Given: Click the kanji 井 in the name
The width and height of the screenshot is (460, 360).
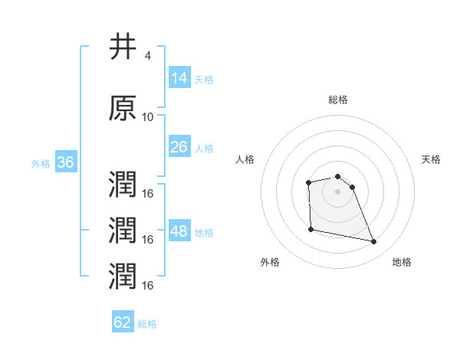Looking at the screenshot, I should pos(123,47).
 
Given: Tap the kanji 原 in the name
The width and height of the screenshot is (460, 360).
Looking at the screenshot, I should pos(123,108).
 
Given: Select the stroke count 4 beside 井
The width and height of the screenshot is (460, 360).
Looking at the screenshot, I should pos(147,56).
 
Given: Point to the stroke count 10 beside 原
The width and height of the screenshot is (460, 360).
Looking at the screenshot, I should pos(148,117).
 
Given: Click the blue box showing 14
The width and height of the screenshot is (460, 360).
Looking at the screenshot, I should pos(179,78).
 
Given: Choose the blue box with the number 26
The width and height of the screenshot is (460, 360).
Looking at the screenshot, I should pos(179,148).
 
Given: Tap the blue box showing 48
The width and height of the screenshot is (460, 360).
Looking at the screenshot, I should pos(179,232).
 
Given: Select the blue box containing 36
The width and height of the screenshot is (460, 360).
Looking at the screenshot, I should pos(65,163).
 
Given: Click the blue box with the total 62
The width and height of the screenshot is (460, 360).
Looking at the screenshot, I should pos(123,322).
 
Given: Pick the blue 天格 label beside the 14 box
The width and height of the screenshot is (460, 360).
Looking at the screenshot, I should pos(204,79).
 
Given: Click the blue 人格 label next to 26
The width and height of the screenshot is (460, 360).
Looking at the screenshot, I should pos(204,149).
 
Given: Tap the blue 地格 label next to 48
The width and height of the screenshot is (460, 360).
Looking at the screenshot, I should pos(204,233).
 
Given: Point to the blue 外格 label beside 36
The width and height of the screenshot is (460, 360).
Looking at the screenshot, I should pos(41,164).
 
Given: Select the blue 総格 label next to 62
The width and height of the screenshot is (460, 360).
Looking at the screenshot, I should pos(147,324).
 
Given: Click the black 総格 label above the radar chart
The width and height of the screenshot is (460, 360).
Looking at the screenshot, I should pos(338,100).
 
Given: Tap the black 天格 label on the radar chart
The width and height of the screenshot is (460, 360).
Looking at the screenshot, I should pos(432,159).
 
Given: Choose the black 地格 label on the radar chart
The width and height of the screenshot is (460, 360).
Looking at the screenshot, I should pos(402,262).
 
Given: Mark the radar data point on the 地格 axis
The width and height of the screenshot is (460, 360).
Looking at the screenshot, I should pos(374,242).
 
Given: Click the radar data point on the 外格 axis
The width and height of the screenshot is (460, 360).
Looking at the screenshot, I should pos(310,229).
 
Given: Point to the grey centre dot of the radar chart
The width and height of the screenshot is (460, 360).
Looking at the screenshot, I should pos(338,190).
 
